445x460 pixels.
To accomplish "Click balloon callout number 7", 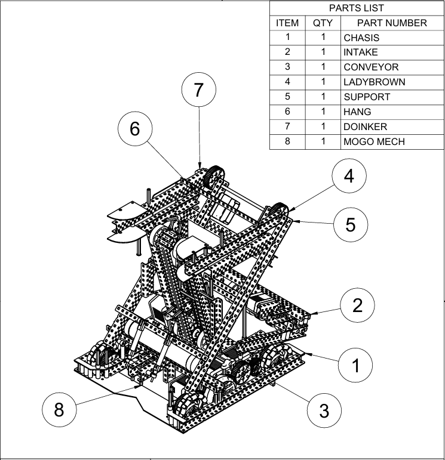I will coord(199,90).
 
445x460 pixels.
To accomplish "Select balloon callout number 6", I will coord(135,129).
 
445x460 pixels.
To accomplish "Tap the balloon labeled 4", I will coord(349,176).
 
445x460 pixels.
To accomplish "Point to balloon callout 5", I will coord(351,224).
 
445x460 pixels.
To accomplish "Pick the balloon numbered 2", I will coord(357,305).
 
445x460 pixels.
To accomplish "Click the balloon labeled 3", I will coord(324,410).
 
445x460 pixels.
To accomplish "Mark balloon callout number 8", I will coord(59,410).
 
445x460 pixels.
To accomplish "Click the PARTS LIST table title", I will coord(357,8).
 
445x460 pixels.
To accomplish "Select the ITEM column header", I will coord(287,23).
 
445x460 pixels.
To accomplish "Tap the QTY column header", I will coord(323,23).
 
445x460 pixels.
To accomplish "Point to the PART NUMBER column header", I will coord(392,23).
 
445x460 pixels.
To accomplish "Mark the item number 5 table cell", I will coord(287,97).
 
